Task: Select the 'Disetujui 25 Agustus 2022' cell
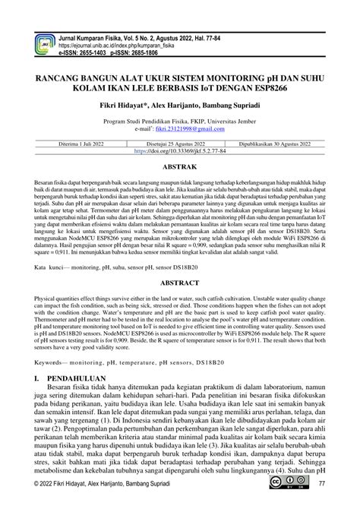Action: tap(179, 142)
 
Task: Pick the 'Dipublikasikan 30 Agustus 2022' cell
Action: tap(285, 142)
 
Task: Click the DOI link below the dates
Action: tap(179, 151)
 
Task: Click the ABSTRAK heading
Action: tap(179, 166)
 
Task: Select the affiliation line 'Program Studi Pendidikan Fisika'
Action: tap(179, 120)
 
